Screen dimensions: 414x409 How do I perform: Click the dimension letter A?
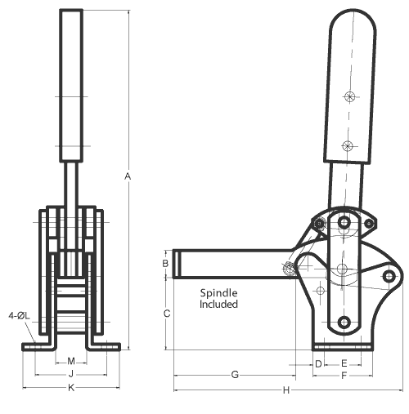128,176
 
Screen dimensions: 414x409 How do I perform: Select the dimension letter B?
165,264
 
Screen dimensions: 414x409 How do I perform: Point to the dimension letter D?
317,362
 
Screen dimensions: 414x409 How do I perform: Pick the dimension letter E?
344,362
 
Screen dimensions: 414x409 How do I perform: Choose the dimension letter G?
235,375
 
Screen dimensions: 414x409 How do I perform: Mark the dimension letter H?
286,390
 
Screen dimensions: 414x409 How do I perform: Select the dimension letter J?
71,374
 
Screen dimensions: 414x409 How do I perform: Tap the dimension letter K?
71,388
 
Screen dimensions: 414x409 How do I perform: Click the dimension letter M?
71,360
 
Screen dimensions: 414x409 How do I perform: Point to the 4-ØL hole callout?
17,314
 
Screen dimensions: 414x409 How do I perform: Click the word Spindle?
218,292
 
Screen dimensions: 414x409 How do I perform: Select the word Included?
219,304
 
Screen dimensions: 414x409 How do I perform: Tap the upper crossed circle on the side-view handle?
350,97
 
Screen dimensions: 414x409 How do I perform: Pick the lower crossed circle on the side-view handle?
348,146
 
